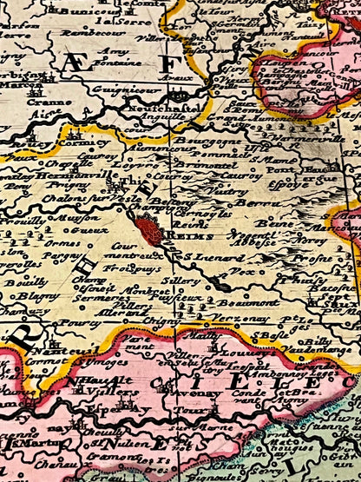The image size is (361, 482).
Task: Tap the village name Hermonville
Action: tap(65, 175)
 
